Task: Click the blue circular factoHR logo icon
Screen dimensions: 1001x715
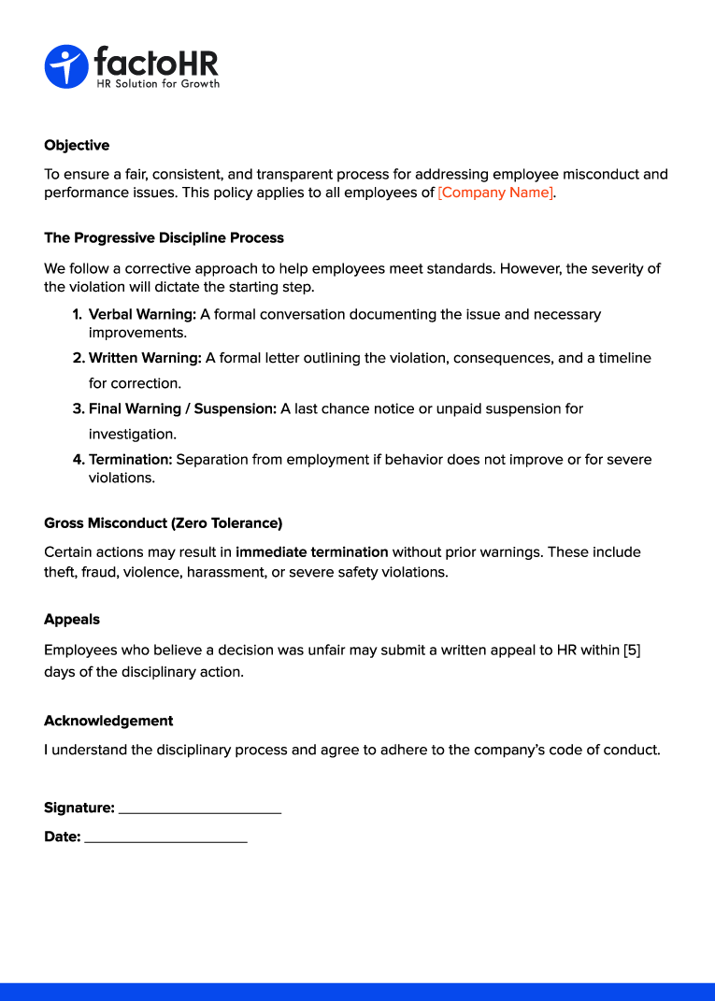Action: coord(65,66)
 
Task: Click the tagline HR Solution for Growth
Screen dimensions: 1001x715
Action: coord(158,84)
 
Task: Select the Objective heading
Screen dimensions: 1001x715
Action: coord(77,146)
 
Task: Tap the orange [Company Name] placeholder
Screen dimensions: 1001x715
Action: coord(495,193)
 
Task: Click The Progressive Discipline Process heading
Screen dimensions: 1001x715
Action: coord(164,238)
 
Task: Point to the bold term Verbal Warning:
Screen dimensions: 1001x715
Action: coord(142,315)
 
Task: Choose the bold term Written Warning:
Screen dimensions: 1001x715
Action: coord(145,358)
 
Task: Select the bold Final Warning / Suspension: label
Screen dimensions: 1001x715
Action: coord(182,409)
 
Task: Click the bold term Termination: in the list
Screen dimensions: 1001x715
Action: coord(131,460)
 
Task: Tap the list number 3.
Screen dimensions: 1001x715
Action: coord(79,409)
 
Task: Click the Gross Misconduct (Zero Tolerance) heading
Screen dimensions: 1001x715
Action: coord(163,523)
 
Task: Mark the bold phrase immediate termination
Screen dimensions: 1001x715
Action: coord(311,552)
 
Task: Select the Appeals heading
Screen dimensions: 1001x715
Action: coord(72,620)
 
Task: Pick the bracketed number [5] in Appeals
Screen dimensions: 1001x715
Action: coord(632,651)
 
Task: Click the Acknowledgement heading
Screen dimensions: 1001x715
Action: coord(108,722)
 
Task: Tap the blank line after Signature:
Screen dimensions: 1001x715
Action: coord(200,810)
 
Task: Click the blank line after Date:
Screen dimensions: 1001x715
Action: coord(165,840)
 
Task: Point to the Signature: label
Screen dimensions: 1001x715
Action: coord(79,808)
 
